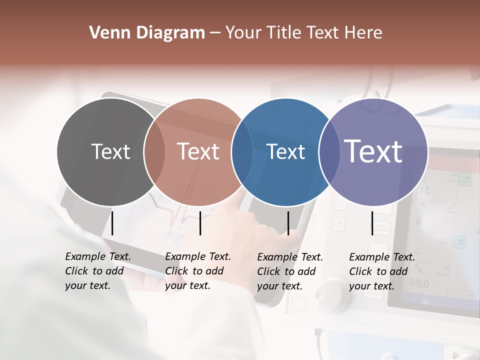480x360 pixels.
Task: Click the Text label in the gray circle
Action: [x=111, y=151]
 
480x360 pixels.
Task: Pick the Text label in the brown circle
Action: [x=198, y=151]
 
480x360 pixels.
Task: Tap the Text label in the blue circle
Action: [x=286, y=152]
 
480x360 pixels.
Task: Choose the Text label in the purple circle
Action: [x=373, y=151]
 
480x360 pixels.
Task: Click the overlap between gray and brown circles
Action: [x=154, y=151]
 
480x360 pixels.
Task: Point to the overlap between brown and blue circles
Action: [x=242, y=151]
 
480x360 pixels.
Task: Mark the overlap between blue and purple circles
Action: [x=329, y=151]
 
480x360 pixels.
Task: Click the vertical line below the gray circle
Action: [x=112, y=223]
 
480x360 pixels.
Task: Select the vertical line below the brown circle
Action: [x=200, y=223]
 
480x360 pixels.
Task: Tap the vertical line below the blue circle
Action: [x=288, y=223]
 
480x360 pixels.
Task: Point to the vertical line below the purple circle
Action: [x=372, y=223]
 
